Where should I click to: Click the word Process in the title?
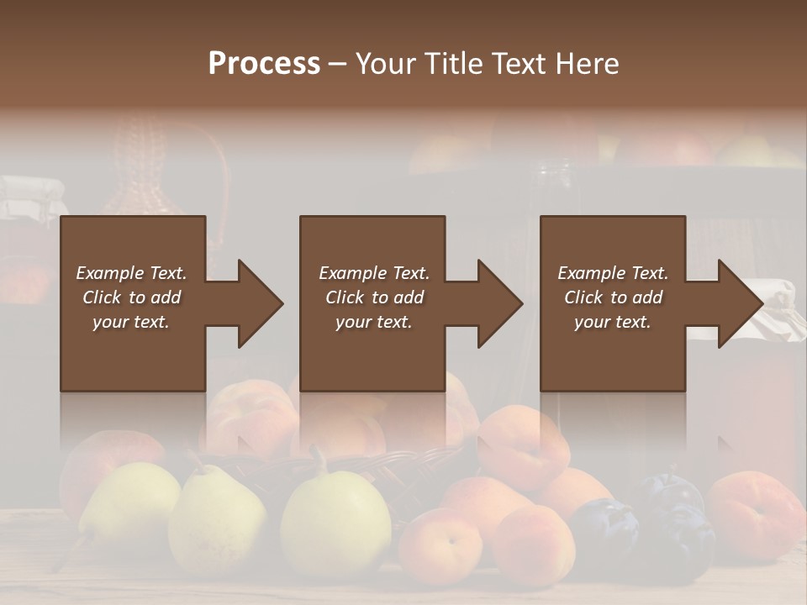264,64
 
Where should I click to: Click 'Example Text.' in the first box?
131,273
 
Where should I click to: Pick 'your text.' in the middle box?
373,322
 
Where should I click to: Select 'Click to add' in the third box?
613,297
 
